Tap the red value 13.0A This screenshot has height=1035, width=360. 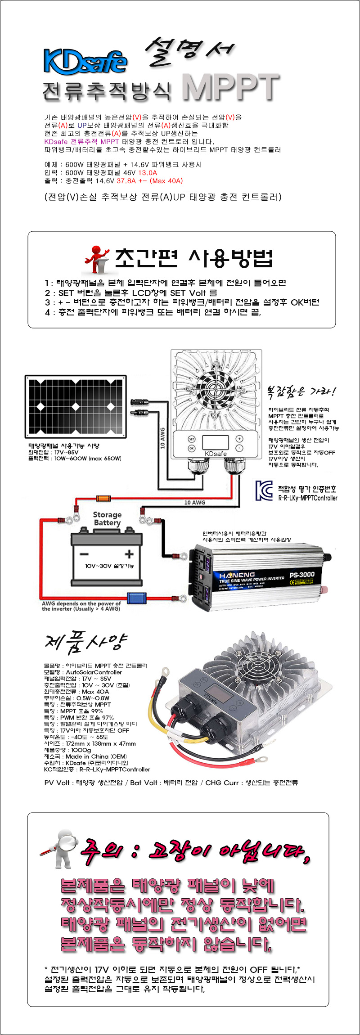pyautogui.click(x=148, y=173)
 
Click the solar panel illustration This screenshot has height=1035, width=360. pyautogui.click(x=76, y=407)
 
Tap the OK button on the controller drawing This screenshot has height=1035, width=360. pyautogui.click(x=191, y=448)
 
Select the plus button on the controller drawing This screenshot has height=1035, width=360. pyautogui.click(x=239, y=439)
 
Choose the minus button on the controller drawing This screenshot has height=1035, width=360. pyautogui.click(x=239, y=448)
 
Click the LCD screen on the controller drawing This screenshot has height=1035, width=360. pyautogui.click(x=215, y=443)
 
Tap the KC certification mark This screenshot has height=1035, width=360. pyautogui.click(x=264, y=490)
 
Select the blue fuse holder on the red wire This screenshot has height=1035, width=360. pyautogui.click(x=137, y=598)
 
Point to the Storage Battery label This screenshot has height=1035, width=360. pyautogui.click(x=107, y=518)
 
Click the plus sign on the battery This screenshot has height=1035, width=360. pyautogui.click(x=129, y=553)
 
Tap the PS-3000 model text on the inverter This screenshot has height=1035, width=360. pyautogui.click(x=302, y=575)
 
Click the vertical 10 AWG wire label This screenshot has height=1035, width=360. pyautogui.click(x=163, y=438)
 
